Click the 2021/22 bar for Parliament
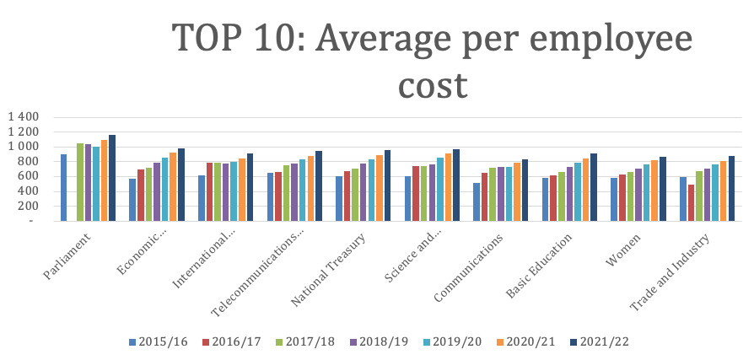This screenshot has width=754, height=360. coord(112,178)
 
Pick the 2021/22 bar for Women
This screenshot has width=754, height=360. coord(663,189)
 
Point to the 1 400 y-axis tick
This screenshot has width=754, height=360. coord(23,116)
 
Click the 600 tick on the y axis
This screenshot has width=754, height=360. coord(30,176)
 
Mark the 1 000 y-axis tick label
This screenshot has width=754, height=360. coord(23,147)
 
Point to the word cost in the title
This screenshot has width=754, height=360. coord(432,84)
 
